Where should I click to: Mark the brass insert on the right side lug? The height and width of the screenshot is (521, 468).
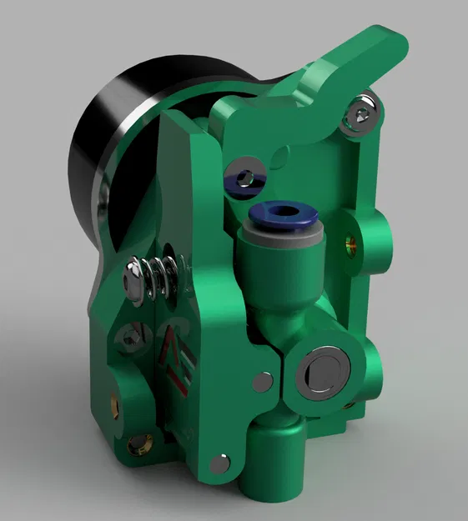[350, 244]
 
